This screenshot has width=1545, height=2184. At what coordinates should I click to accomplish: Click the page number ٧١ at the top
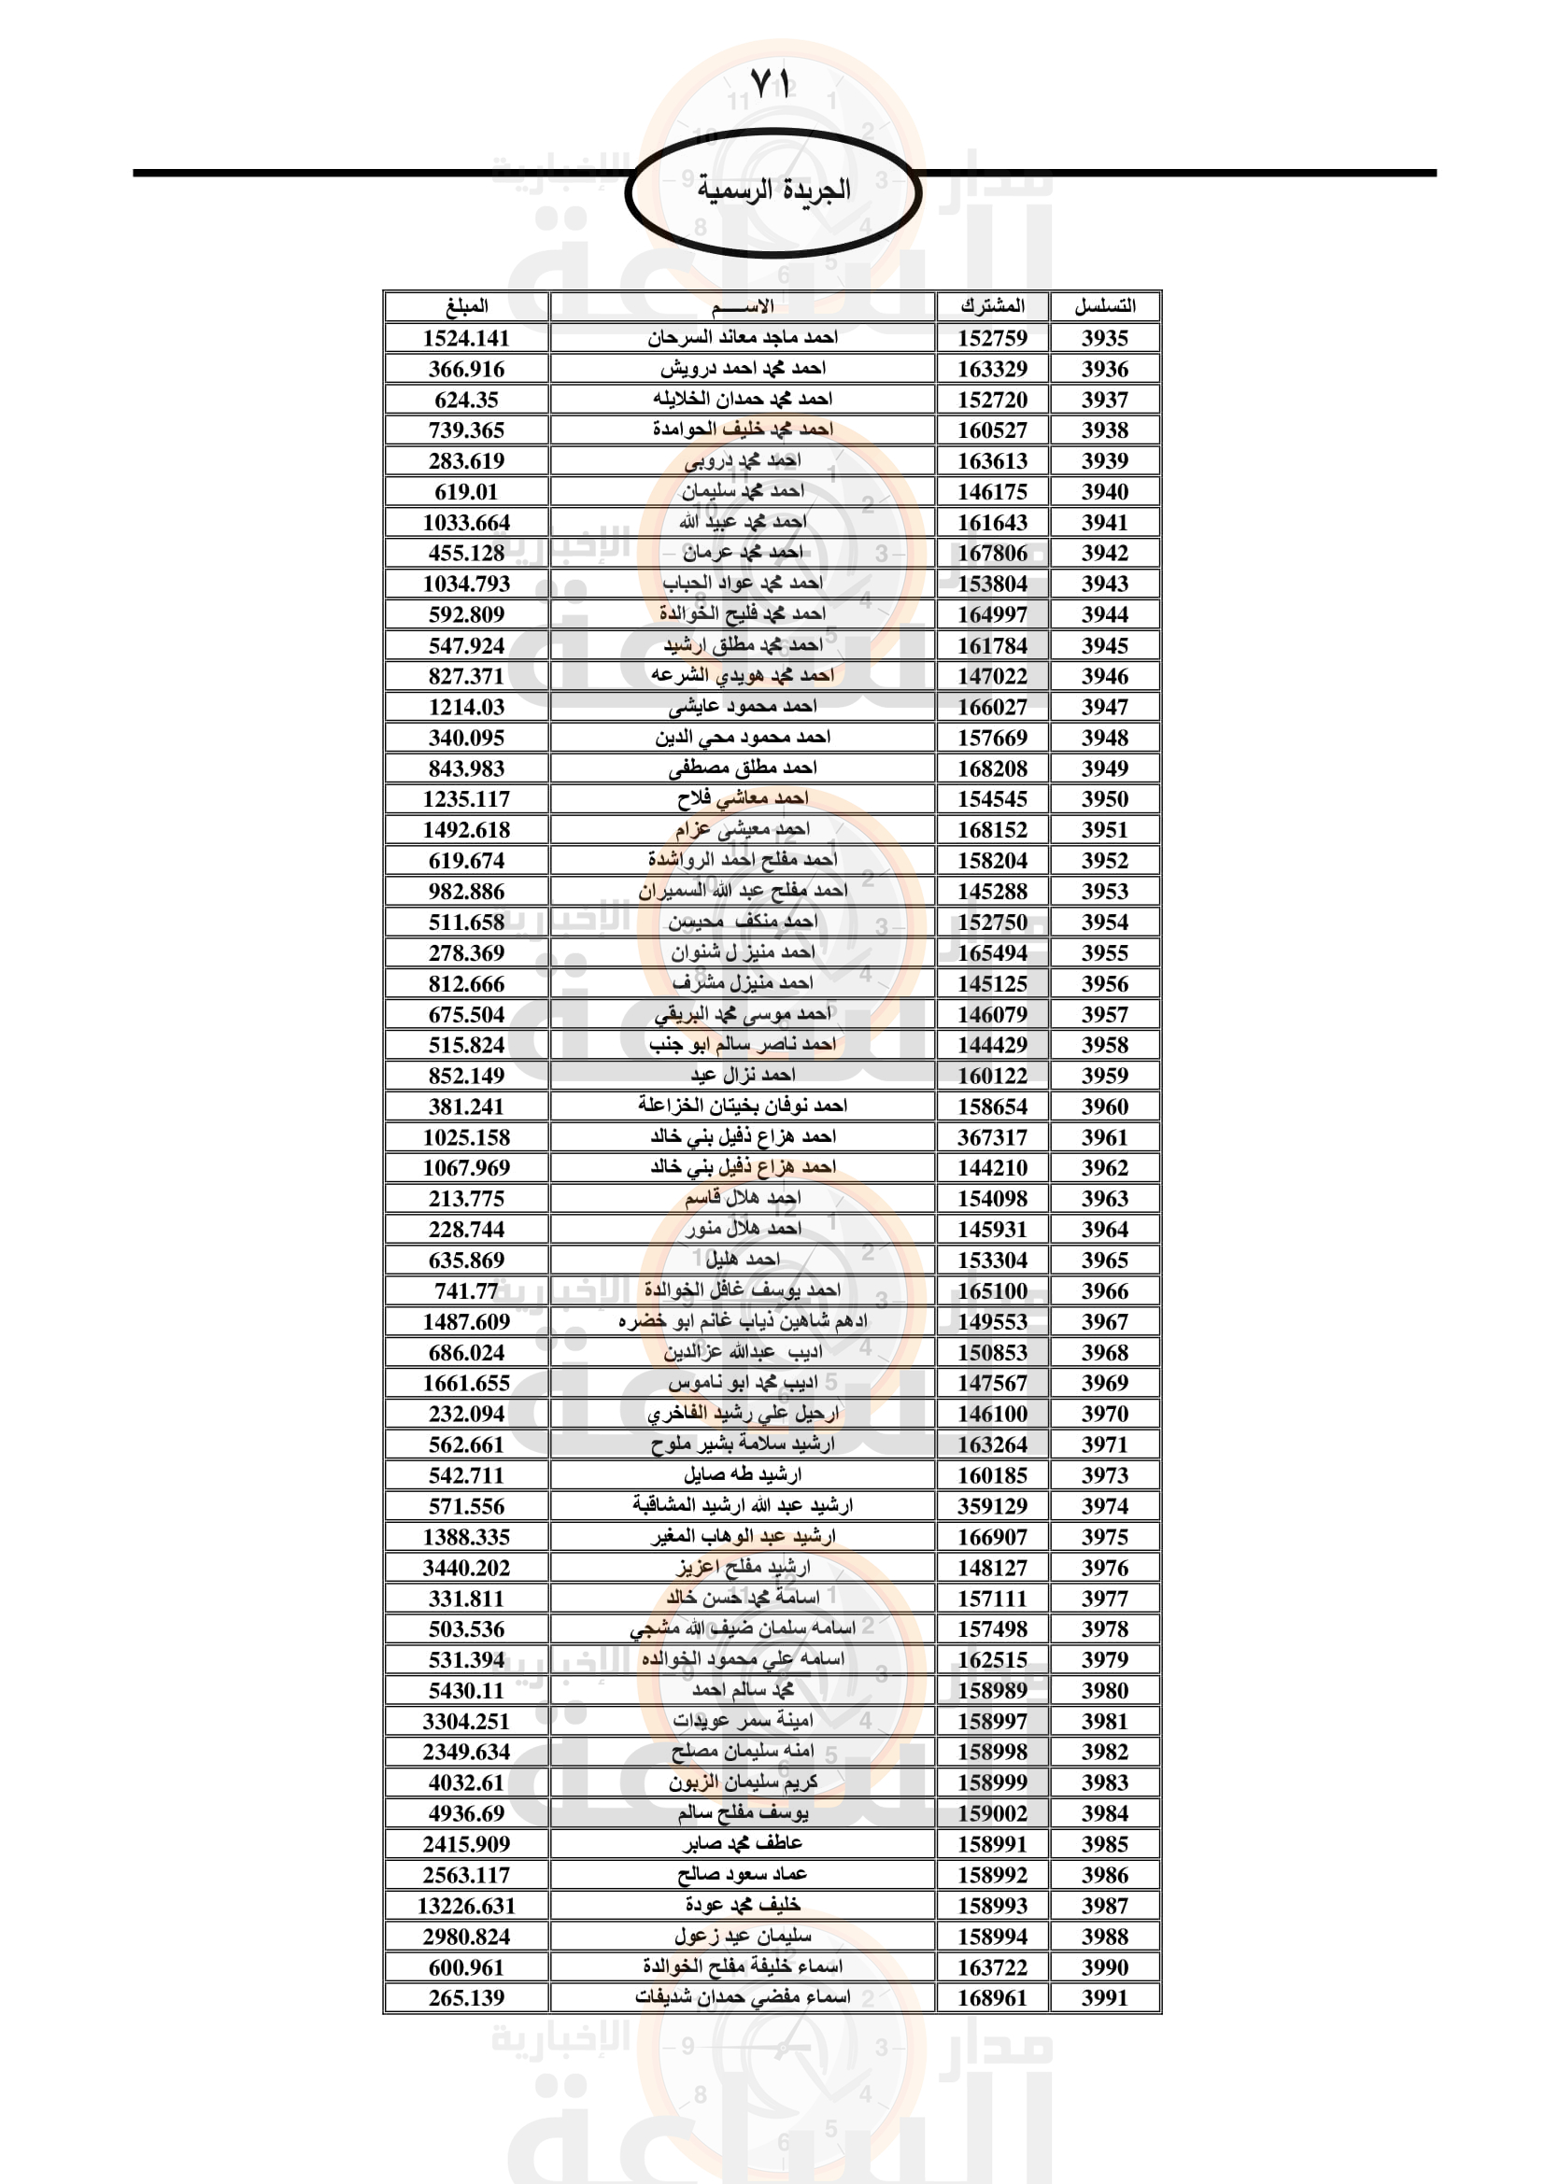pos(771,84)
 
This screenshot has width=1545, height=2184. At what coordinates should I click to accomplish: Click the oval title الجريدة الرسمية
pos(772,190)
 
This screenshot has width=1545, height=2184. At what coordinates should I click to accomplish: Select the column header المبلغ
pos(466,306)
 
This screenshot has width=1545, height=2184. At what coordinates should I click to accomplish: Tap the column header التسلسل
pos(1104,306)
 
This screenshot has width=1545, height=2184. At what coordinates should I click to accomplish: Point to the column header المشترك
pos(992,306)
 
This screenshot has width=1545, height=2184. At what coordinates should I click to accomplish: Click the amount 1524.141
pos(466,339)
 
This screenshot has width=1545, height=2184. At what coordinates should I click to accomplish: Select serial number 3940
pos(1104,492)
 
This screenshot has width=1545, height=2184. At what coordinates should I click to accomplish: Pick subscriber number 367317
pos(992,1137)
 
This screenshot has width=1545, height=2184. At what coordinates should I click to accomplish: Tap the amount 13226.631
pos(466,1907)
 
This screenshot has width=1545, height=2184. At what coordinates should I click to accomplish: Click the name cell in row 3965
pos(742,1260)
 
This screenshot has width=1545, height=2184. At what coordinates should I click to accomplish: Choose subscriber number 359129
pos(992,1506)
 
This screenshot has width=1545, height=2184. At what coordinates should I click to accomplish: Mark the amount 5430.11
pos(466,1690)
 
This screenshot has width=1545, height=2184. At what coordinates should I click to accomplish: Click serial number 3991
pos(1104,1998)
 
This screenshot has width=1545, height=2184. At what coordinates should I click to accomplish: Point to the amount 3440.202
pos(466,1568)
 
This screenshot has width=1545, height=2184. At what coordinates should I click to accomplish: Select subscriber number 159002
pos(992,1814)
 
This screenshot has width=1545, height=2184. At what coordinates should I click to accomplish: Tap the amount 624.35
pos(466,400)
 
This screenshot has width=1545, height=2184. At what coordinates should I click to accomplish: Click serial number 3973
pos(1104,1475)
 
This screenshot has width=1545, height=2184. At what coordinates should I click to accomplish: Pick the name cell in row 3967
pos(742,1321)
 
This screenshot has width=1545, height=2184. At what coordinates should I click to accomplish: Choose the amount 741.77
pos(466,1290)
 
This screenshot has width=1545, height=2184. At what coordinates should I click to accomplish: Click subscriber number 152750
pos(992,922)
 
